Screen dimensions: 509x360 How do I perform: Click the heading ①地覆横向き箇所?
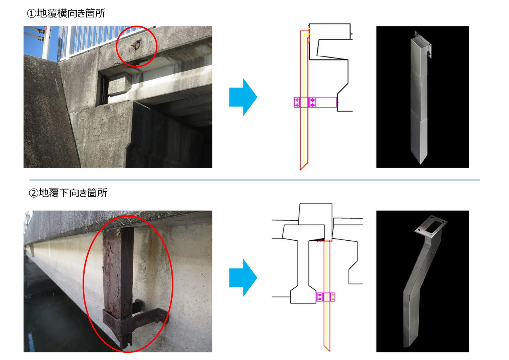pos(66,13)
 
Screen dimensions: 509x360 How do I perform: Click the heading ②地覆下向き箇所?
pos(68,193)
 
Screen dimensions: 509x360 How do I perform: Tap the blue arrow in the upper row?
pos(243,97)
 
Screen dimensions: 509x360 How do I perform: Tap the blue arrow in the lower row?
pos(243,278)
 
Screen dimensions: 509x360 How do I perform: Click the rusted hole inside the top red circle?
pos(136,45)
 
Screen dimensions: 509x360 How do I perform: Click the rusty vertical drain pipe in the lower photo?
pos(118,286)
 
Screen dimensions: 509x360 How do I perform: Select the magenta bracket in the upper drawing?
pos(315,102)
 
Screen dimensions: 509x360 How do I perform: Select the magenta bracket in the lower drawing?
pos(325,297)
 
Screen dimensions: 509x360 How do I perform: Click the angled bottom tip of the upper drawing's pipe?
pos(300,169)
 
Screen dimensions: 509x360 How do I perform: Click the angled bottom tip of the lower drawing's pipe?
pos(329,351)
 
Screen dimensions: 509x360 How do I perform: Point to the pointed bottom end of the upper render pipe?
pos(421,163)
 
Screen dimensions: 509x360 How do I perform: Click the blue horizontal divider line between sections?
pos(254,180)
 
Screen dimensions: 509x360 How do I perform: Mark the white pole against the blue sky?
pos(47,43)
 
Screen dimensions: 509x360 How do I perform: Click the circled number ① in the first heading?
pos(31,14)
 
